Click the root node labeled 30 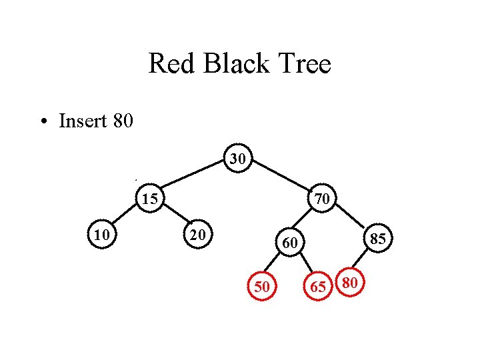[x=238, y=159]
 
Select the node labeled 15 [x=151, y=199]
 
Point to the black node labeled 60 [x=289, y=243]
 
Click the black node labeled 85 [x=378, y=238]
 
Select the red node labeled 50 [x=262, y=287]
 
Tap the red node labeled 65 [x=319, y=287]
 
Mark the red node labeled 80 [x=351, y=283]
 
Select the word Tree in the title [x=305, y=65]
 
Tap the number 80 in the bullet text [x=124, y=121]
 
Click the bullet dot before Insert [x=43, y=122]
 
